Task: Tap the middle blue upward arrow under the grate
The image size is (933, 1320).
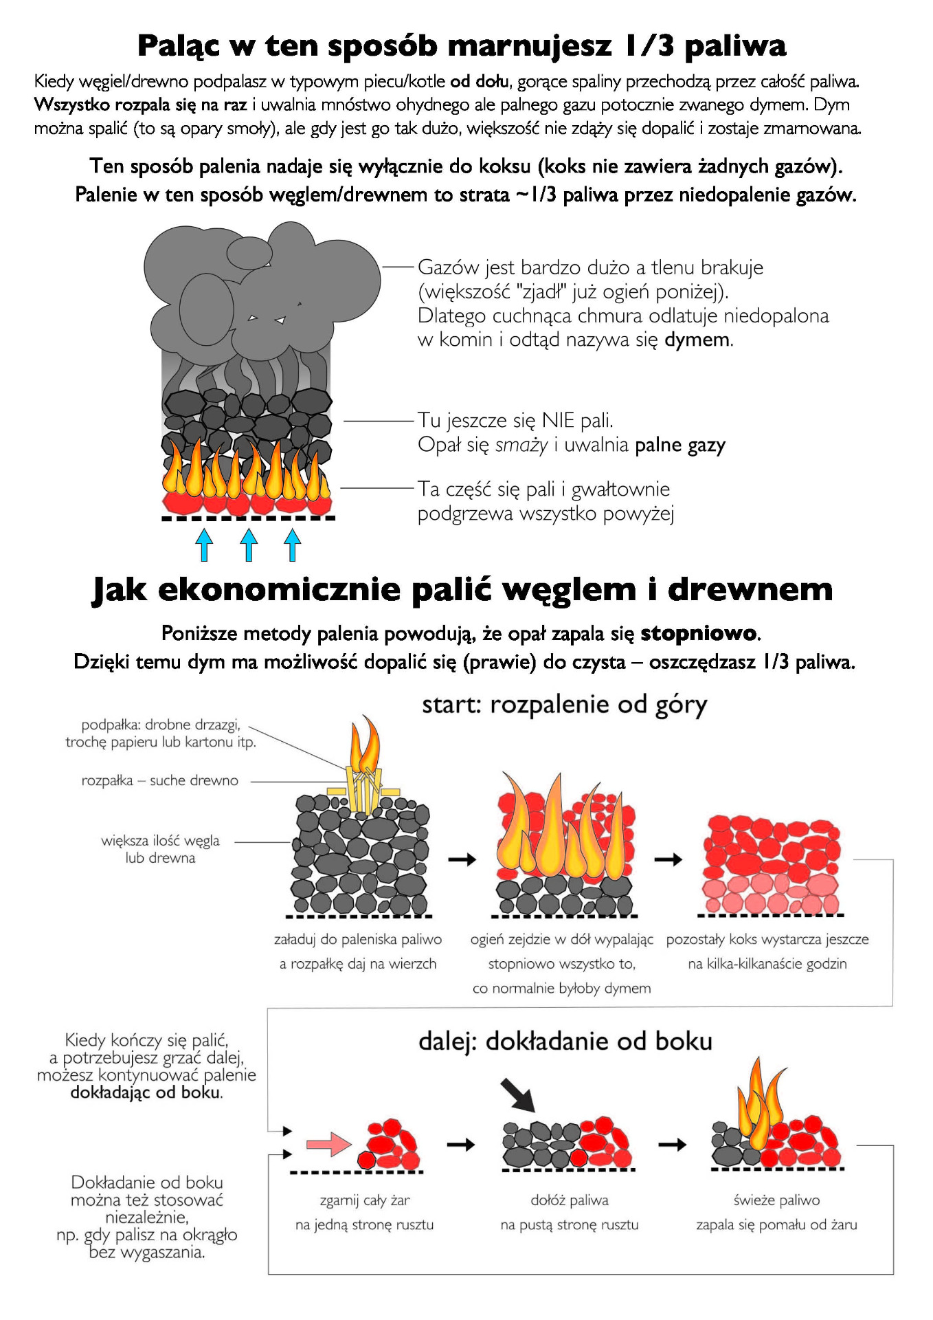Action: (249, 544)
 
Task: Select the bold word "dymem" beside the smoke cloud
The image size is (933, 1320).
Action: (697, 340)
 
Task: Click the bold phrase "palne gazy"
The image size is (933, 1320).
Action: (679, 445)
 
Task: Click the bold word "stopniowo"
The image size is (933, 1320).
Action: (698, 633)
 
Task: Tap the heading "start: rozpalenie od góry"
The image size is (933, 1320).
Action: (564, 705)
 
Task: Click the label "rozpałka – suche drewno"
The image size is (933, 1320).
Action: (159, 780)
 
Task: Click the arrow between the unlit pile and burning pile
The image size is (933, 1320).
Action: (462, 859)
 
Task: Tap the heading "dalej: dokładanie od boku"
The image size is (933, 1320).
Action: (565, 1042)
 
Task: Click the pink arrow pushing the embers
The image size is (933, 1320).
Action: (328, 1145)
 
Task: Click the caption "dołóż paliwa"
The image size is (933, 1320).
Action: (569, 1200)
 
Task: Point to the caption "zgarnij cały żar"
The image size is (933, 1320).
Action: (364, 1200)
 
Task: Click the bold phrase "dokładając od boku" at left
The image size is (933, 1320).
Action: (146, 1092)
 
